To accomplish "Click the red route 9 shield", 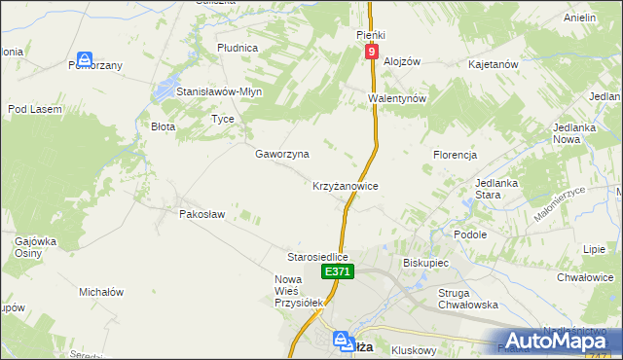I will point(372,50).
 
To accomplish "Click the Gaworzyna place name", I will point(282,154).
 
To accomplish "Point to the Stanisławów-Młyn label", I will point(219,91).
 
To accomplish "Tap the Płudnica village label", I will point(238,47).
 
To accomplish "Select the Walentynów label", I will point(397,99).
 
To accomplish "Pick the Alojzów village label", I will point(402,60).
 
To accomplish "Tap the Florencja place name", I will point(455,155).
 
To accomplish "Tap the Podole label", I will point(470,234).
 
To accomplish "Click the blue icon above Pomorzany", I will point(86,59).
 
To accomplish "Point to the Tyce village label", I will point(223,119).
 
